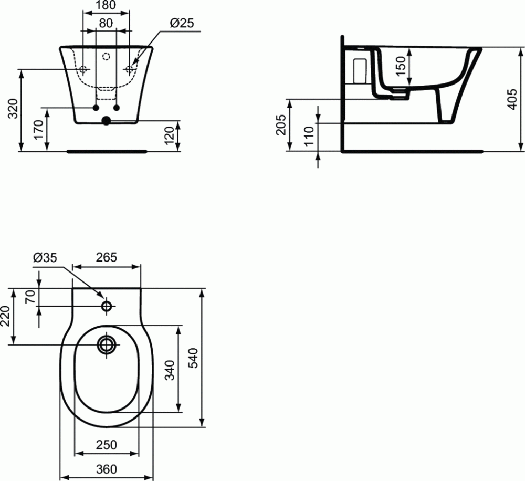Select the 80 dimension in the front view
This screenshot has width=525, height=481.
pyautogui.click(x=107, y=23)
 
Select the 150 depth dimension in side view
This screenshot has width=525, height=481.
pyautogui.click(x=401, y=66)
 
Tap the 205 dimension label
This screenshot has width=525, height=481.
pyautogui.click(x=281, y=124)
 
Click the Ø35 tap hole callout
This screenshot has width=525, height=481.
pyautogui.click(x=45, y=257)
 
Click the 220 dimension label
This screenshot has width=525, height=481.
pyautogui.click(x=6, y=317)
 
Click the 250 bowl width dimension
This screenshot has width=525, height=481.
pyautogui.click(x=106, y=445)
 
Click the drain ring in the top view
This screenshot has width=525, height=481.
pyautogui.click(x=107, y=345)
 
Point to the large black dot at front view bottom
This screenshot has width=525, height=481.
pyautogui.click(x=107, y=121)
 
